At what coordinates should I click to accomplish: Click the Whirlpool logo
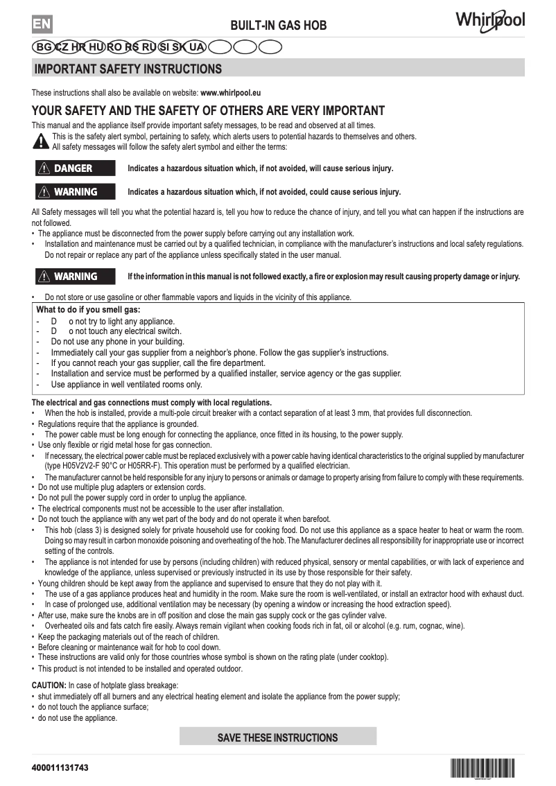click(x=489, y=20)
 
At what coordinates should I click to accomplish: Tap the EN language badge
click(x=42, y=24)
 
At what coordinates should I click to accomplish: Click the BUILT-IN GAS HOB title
click(x=278, y=26)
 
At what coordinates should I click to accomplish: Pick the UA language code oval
click(x=196, y=47)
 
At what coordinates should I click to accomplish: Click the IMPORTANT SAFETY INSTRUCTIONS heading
click(x=128, y=69)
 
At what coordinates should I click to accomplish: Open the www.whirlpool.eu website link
click(x=230, y=92)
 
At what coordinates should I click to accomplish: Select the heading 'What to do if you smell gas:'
click(x=88, y=310)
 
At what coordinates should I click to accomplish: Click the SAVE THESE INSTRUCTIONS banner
click(x=277, y=737)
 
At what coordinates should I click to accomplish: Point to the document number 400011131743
click(x=60, y=769)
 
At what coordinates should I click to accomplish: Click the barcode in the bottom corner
click(x=483, y=768)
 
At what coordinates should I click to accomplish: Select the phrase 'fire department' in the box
click(x=236, y=363)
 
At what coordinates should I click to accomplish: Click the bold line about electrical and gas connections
click(x=152, y=403)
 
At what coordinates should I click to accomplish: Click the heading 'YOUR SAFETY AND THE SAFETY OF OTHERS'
click(x=208, y=111)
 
